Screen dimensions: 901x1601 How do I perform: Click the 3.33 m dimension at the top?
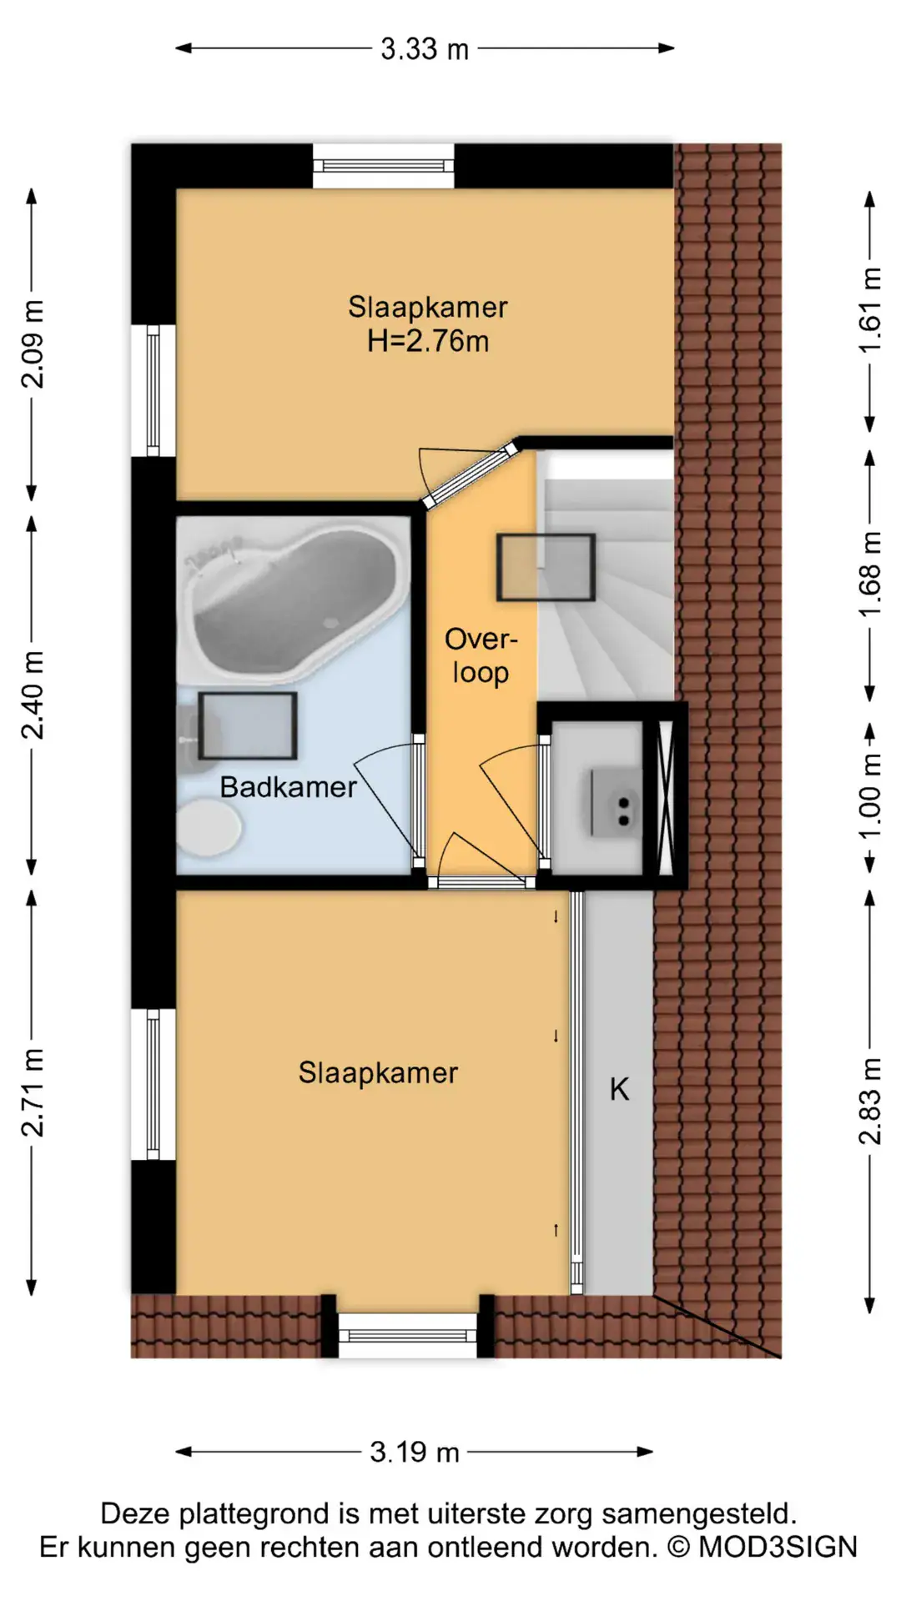425,49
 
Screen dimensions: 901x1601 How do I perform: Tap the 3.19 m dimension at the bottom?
415,1452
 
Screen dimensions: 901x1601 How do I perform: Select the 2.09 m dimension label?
33,344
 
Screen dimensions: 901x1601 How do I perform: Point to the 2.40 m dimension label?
33,695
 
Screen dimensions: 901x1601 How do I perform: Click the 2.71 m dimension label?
33,1092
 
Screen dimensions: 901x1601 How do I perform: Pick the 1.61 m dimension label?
870,310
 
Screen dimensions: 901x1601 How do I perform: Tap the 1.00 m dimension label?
870,796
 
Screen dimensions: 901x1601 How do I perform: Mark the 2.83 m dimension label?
870,1101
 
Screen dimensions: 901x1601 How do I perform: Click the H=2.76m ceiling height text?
428,342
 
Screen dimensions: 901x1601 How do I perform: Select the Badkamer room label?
289,787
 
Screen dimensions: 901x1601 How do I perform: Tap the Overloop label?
481,656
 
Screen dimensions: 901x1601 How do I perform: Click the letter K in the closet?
619,1089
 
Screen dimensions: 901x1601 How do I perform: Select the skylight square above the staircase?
546,567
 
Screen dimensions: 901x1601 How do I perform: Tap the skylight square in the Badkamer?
248,725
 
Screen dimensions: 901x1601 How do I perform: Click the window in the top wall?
384,166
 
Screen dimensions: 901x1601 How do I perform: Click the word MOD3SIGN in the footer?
778,1548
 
